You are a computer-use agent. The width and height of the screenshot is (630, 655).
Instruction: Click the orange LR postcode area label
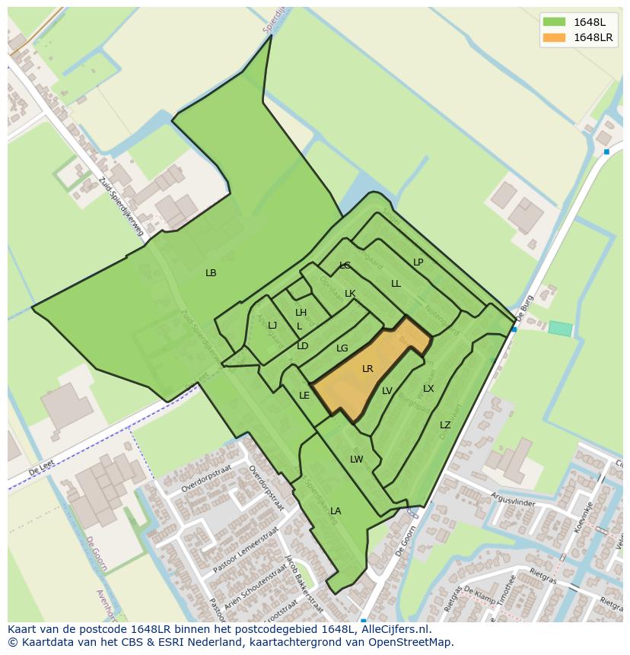pos(367,369)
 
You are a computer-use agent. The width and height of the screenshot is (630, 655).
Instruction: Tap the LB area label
pos(211,273)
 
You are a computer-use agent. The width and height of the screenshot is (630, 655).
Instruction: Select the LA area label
pos(336,511)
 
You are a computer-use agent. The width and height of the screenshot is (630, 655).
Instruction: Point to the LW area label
pos(356,459)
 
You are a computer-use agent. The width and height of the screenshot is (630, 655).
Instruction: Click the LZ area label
pos(445,425)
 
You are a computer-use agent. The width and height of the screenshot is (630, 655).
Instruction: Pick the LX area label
pos(428,389)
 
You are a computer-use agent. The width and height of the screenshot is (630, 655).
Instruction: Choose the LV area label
pos(387,391)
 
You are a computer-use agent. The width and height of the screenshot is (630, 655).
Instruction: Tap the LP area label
pos(418,262)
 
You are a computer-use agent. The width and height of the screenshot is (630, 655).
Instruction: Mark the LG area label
pos(342,348)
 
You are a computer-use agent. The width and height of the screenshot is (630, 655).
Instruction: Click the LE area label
pos(304,396)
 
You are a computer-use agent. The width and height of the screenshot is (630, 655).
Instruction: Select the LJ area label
pos(272,326)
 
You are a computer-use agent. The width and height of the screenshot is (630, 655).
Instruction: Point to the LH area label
pos(301,313)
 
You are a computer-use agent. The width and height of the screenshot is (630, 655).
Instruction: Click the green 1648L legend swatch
pos(554,21)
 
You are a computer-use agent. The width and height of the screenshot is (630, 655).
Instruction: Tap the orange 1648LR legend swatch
pos(554,37)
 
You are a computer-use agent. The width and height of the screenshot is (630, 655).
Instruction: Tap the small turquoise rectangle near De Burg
pos(560,329)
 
